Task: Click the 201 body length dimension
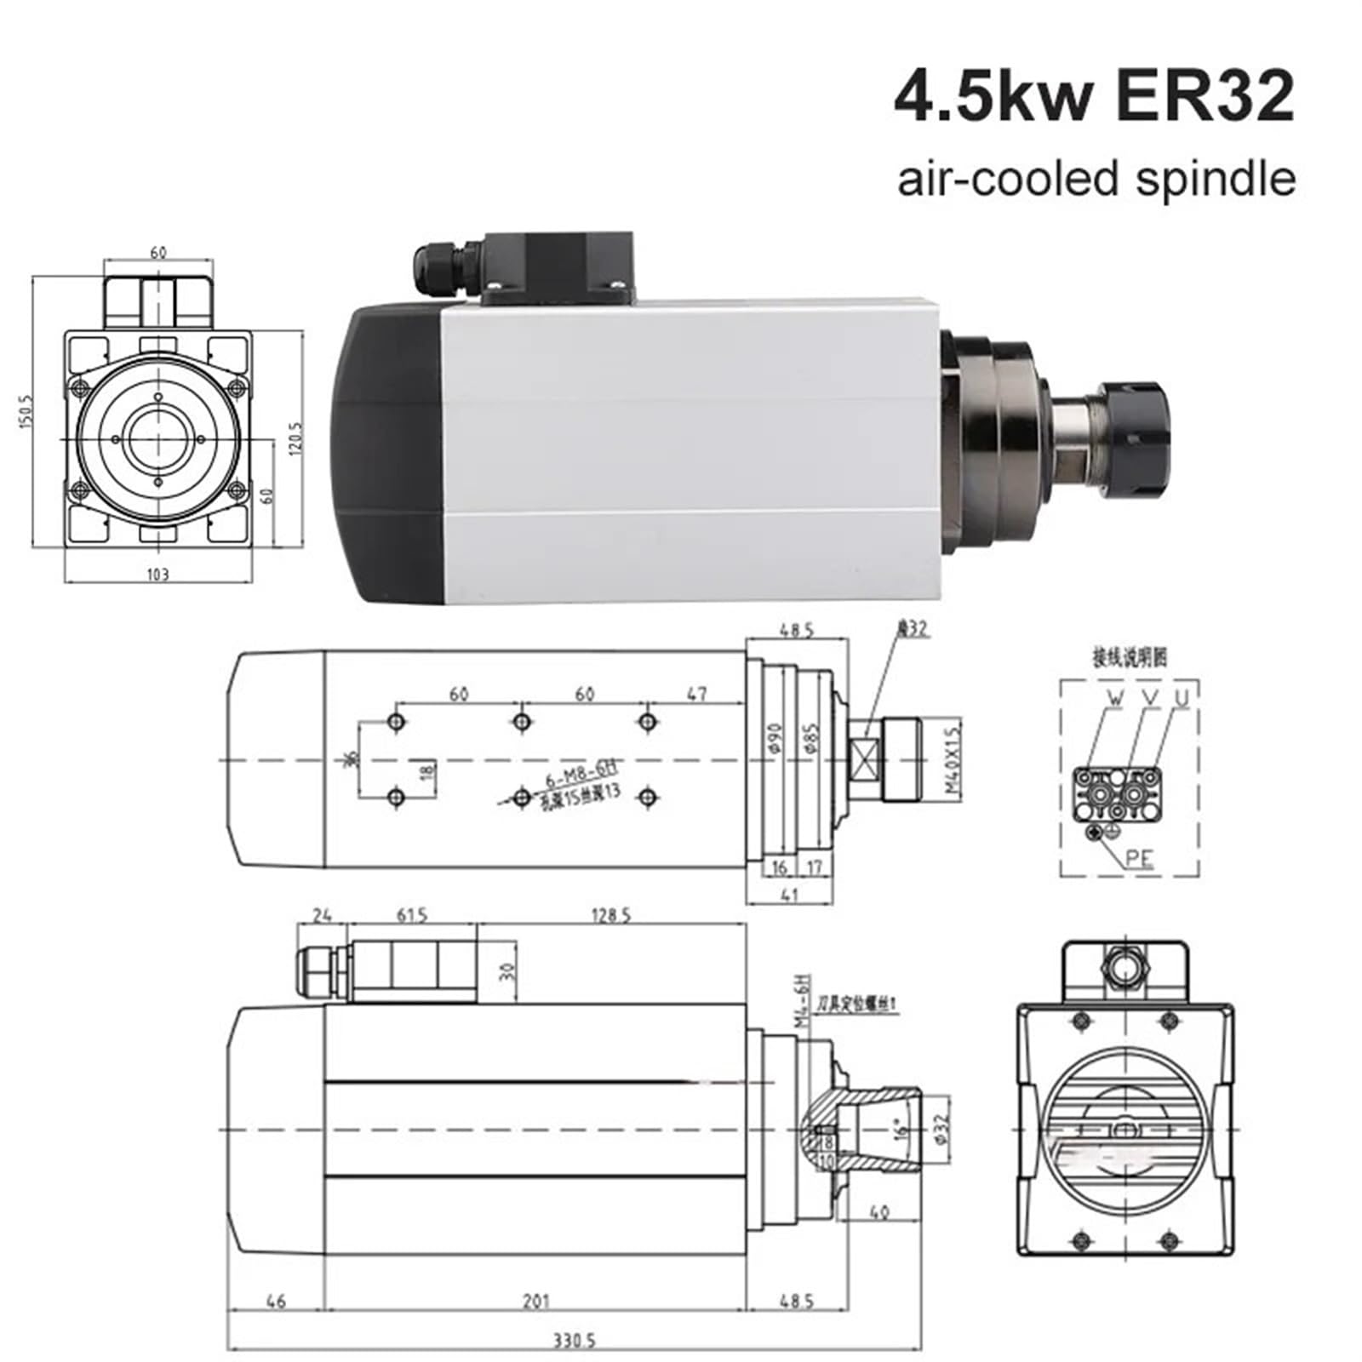click(535, 1301)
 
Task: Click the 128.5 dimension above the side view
click(611, 916)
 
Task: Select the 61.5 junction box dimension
click(412, 916)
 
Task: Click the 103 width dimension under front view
click(158, 575)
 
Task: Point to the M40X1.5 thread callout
click(953, 758)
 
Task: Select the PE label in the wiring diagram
click(1138, 857)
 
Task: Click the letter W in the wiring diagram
click(1115, 698)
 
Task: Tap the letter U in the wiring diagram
click(1182, 698)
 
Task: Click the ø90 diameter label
click(773, 737)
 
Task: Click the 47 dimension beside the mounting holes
click(696, 694)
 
